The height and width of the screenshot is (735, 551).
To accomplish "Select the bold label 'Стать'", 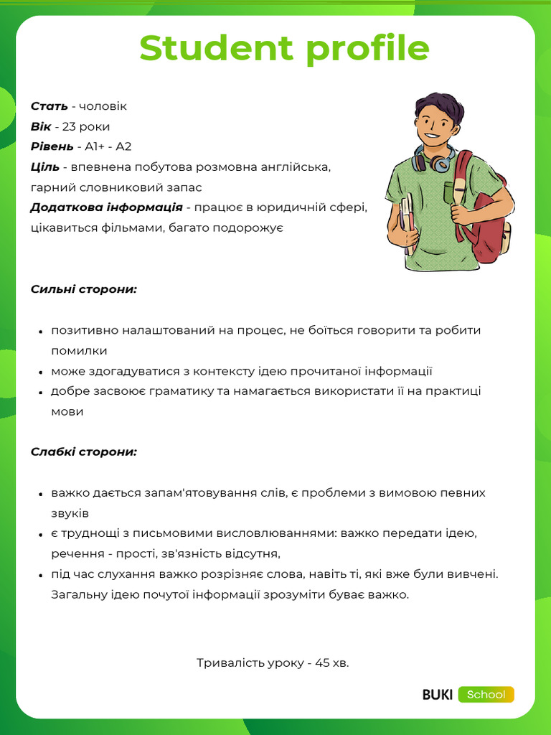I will (x=49, y=106).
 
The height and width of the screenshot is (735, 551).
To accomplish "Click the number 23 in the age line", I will (x=70, y=127).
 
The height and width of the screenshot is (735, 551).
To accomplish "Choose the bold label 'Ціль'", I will (x=44, y=167).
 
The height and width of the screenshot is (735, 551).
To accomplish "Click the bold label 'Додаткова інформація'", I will (x=106, y=208).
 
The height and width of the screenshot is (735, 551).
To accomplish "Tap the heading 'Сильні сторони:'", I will (x=83, y=289).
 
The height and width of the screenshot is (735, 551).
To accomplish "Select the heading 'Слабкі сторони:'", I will (x=83, y=452).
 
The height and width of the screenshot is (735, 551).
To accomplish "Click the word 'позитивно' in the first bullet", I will (x=84, y=330).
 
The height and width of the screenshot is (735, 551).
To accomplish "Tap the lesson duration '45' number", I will (x=322, y=663).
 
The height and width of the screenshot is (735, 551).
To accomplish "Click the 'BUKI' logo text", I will (x=437, y=695).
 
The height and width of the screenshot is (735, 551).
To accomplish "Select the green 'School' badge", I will (x=486, y=695).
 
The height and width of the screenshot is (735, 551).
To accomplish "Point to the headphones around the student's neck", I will (x=435, y=159).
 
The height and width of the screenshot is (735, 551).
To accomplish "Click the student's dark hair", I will (x=439, y=104).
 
